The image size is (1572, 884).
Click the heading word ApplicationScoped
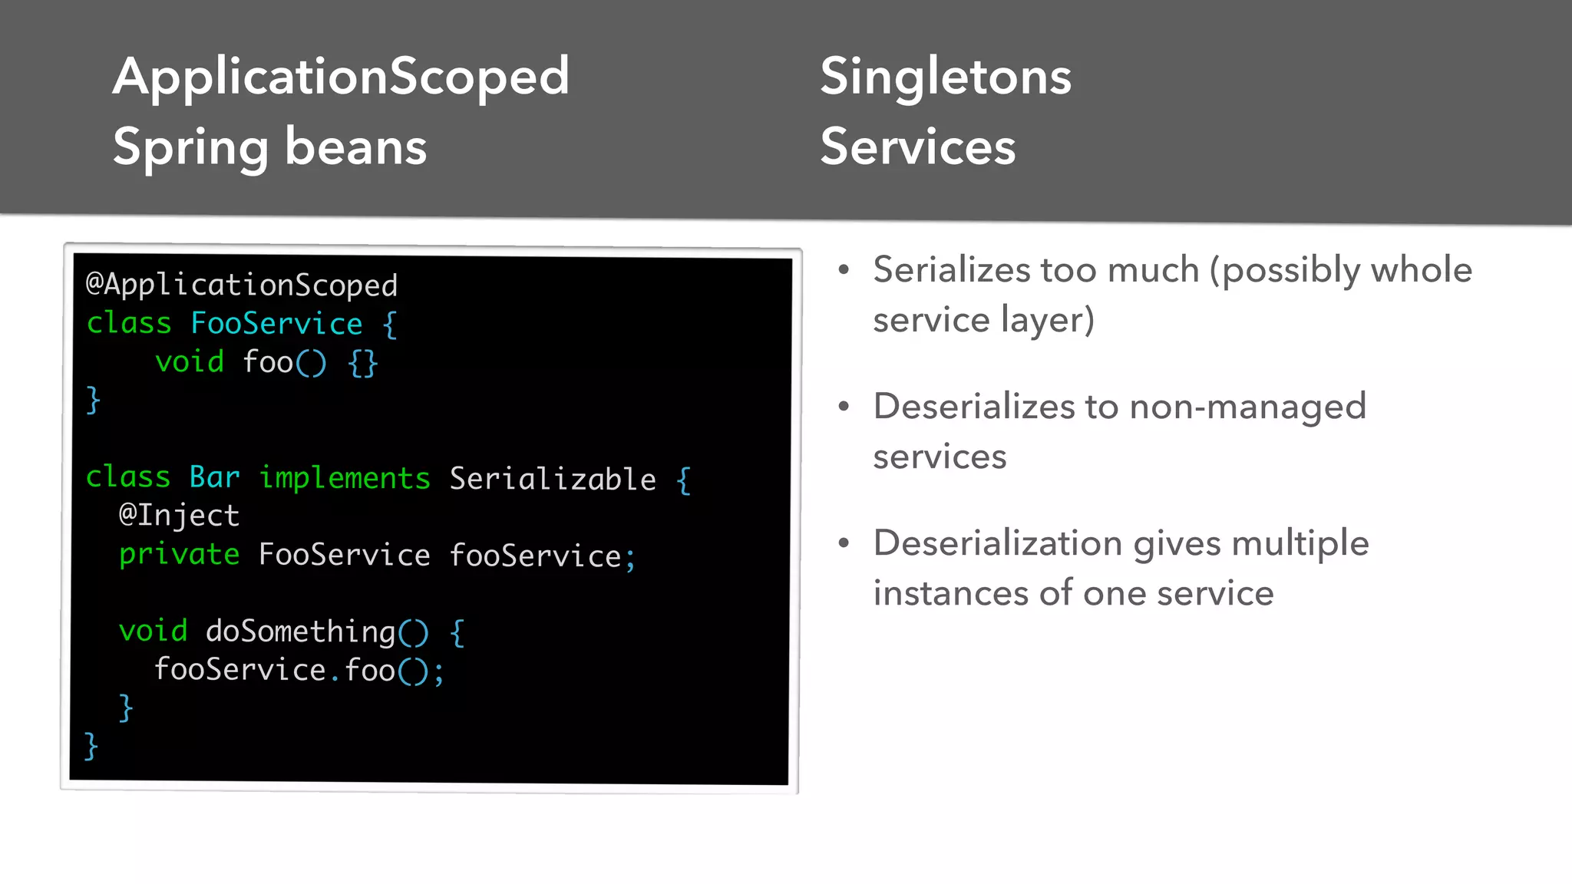click(341, 78)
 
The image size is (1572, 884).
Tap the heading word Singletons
click(945, 78)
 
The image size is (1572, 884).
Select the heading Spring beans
click(269, 147)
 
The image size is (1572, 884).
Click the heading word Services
click(917, 147)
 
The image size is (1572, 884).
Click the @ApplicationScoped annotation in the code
click(242, 285)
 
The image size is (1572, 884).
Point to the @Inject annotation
click(179, 516)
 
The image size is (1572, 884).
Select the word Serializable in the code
click(553, 479)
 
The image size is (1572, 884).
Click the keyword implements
click(345, 478)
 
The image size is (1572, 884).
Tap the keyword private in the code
click(179, 555)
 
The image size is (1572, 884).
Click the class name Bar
click(214, 477)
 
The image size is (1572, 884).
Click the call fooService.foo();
click(299, 670)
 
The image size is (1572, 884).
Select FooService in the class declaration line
click(276, 324)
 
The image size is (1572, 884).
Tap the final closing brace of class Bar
click(91, 746)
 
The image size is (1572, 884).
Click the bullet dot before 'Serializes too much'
click(844, 270)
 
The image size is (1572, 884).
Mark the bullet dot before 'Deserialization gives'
click(844, 543)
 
